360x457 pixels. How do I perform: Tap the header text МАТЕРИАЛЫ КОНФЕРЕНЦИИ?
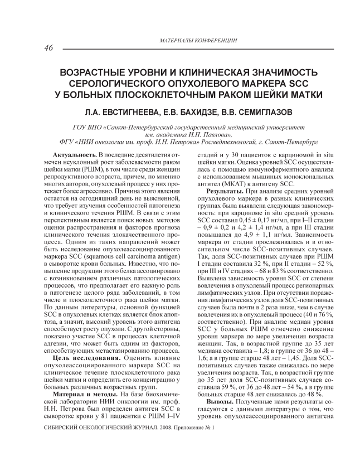tap(198, 41)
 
